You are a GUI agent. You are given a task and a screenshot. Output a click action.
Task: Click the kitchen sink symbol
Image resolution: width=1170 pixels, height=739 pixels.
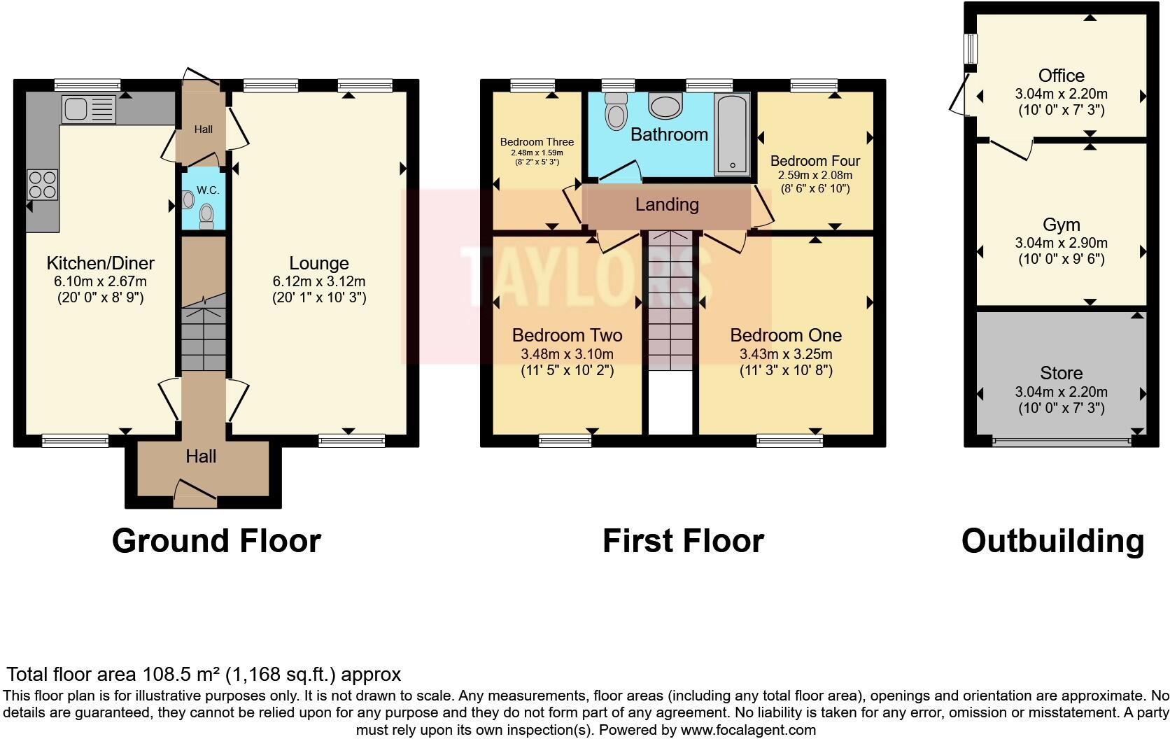pyautogui.click(x=88, y=109)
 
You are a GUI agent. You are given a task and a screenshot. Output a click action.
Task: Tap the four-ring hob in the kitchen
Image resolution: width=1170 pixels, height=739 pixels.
pyautogui.click(x=41, y=185)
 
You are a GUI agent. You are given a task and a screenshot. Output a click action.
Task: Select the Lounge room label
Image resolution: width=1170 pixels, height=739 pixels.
pyautogui.click(x=319, y=263)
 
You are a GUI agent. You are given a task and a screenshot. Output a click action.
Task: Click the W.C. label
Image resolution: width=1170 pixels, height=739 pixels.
pyautogui.click(x=208, y=190)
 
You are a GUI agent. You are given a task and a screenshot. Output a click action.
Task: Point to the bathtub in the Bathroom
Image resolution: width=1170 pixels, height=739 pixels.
pyautogui.click(x=732, y=134)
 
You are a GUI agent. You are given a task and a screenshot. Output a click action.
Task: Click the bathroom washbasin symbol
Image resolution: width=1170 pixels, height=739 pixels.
pyautogui.click(x=665, y=106)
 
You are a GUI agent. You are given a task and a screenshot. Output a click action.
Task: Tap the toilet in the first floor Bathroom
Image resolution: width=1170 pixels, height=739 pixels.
pyautogui.click(x=616, y=112)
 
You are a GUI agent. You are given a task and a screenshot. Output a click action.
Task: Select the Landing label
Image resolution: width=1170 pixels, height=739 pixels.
pyautogui.click(x=667, y=204)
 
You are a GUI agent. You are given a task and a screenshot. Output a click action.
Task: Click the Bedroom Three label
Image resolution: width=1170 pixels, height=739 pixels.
pyautogui.click(x=537, y=142)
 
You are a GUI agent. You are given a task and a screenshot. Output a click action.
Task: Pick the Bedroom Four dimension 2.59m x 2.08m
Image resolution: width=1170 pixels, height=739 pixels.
pyautogui.click(x=815, y=175)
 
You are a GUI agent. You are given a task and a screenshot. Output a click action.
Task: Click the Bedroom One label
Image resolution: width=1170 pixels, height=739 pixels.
pyautogui.click(x=786, y=335)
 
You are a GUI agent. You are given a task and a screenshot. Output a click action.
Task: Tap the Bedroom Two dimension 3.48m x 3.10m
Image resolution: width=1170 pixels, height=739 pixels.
pyautogui.click(x=567, y=354)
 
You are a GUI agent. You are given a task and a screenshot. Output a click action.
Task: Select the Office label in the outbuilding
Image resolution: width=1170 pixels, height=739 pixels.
pyautogui.click(x=1062, y=76)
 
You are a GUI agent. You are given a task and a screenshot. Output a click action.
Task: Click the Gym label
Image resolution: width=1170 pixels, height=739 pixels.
pyautogui.click(x=1062, y=225)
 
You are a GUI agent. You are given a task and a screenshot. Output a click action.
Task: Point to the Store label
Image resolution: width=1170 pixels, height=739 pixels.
pyautogui.click(x=1062, y=373)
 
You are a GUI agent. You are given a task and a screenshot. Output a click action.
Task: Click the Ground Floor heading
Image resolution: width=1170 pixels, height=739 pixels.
pyautogui.click(x=216, y=541)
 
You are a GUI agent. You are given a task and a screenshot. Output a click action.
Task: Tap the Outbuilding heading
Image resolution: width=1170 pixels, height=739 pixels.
pyautogui.click(x=1052, y=541)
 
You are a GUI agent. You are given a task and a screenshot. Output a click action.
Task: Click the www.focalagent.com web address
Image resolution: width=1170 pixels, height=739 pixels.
pyautogui.click(x=748, y=730)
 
